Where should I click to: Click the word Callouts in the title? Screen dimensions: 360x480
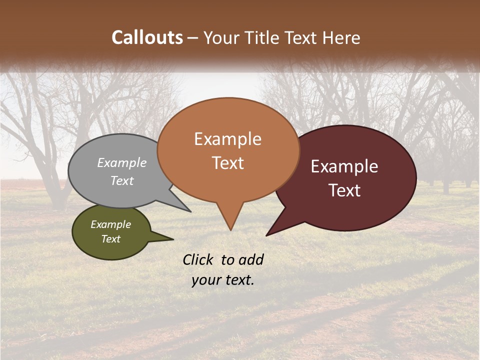(147, 37)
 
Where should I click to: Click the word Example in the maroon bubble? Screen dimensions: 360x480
(344, 166)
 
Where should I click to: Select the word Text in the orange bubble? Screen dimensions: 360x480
(228, 163)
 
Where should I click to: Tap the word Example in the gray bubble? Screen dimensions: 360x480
(122, 163)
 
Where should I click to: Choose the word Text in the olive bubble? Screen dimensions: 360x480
(111, 239)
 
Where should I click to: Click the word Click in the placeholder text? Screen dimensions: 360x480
(198, 259)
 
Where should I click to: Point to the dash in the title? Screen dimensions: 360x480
(193, 37)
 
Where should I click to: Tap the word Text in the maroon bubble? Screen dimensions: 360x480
(344, 190)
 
